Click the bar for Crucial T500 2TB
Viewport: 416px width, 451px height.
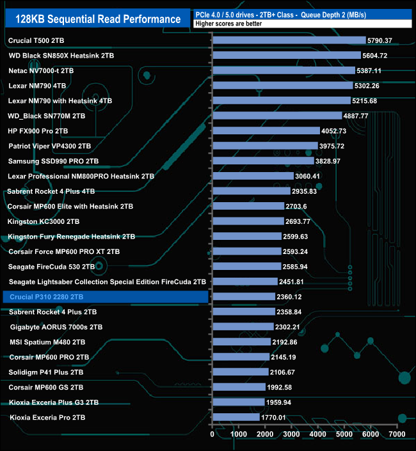288,41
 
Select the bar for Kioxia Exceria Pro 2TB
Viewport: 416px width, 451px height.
236,417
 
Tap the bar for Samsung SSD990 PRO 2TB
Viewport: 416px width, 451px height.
262,161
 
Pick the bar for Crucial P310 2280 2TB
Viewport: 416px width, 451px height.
243,297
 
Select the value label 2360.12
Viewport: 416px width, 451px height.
295,297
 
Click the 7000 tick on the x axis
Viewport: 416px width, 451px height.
397,434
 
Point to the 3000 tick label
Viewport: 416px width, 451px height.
291,434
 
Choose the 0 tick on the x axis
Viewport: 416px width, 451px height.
212,434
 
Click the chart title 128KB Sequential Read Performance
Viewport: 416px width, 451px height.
98,19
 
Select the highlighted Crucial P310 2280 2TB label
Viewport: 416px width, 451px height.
46,297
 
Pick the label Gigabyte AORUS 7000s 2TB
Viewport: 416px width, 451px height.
56,327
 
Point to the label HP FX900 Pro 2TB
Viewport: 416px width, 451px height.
38,131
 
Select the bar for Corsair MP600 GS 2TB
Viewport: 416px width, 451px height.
238,387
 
